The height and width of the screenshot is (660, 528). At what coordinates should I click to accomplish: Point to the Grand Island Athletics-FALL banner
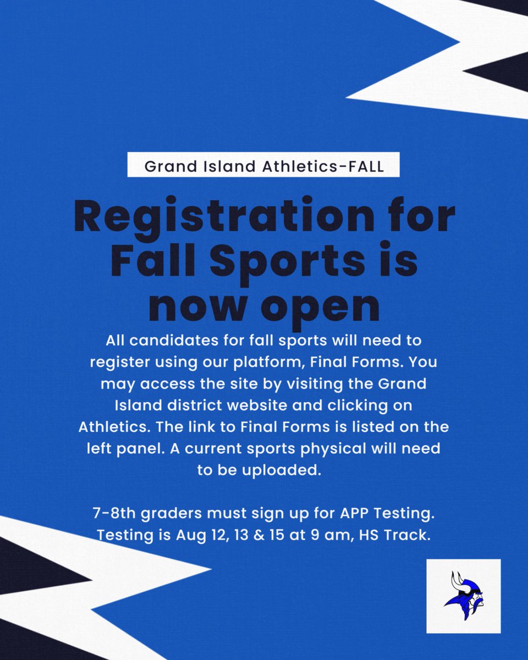pos(263,167)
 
